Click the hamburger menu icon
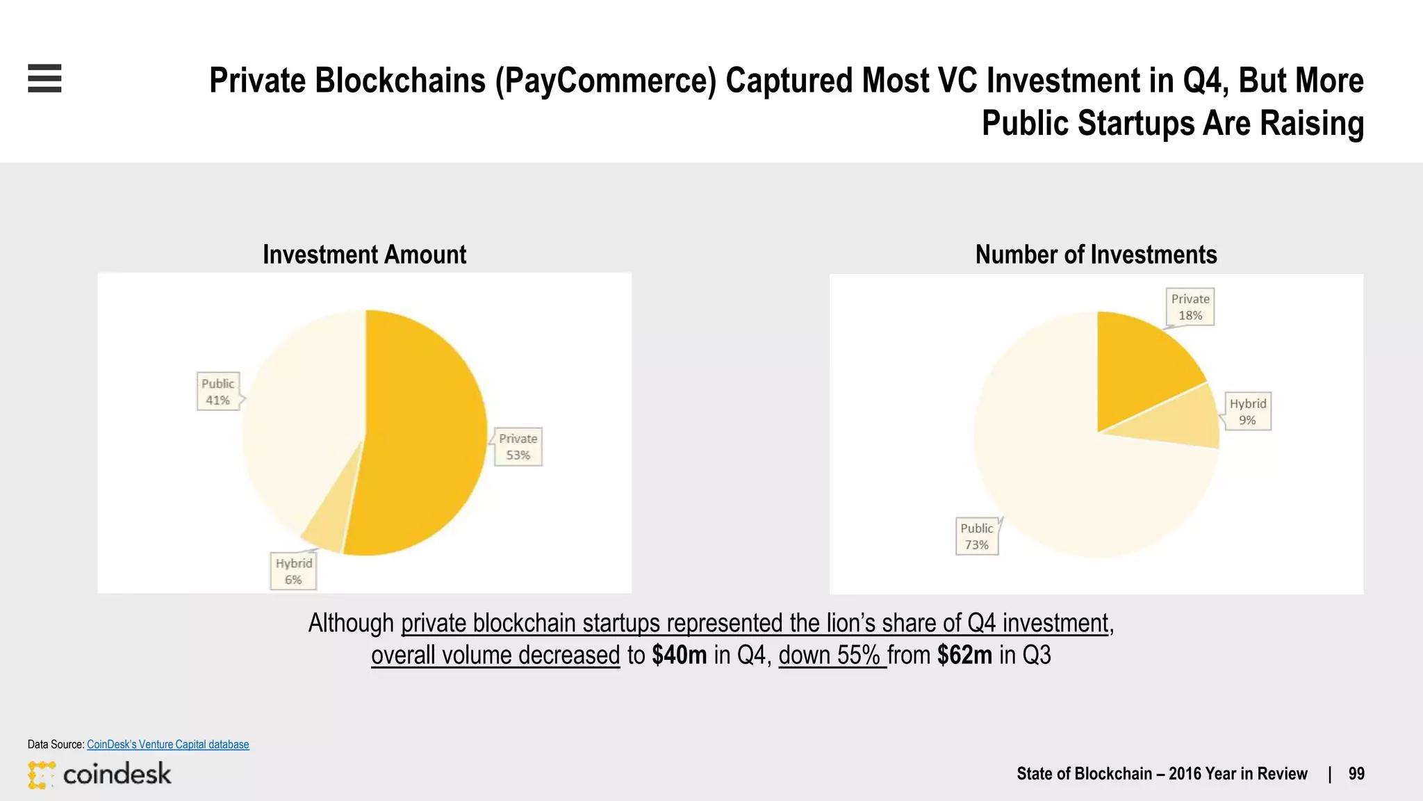pyautogui.click(x=44, y=78)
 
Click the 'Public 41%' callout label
pyautogui.click(x=217, y=391)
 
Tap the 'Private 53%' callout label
pyautogui.click(x=518, y=446)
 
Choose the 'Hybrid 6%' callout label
pyautogui.click(x=293, y=571)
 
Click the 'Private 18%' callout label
pyautogui.click(x=1190, y=307)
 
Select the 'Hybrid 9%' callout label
pyautogui.click(x=1248, y=412)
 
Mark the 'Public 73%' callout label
pyautogui.click(x=977, y=536)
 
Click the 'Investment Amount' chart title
pyautogui.click(x=365, y=254)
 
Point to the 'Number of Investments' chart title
pyautogui.click(x=1096, y=254)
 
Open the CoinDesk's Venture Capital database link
pyautogui.click(x=167, y=744)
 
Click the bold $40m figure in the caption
pyautogui.click(x=679, y=655)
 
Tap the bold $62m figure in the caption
pyautogui.click(x=964, y=655)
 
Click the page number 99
pyautogui.click(x=1356, y=774)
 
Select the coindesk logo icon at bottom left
pyautogui.click(x=41, y=775)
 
